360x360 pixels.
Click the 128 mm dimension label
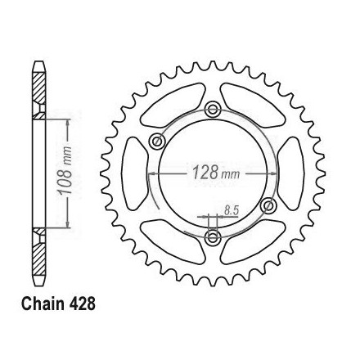point(216,173)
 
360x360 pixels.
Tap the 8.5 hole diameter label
point(232,210)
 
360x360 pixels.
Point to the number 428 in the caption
point(79,304)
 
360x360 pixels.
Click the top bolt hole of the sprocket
point(213,110)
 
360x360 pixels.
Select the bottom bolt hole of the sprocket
point(213,236)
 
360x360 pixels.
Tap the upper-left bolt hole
point(157,141)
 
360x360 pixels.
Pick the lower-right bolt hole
point(268,205)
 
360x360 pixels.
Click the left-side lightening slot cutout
point(134,173)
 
